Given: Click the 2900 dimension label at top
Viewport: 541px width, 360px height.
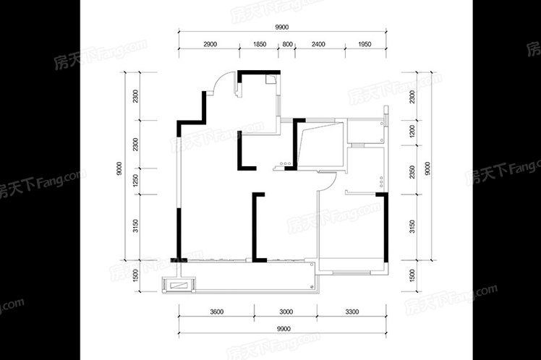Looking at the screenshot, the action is [210, 44].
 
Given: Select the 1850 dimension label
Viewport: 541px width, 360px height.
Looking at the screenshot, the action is [260, 44].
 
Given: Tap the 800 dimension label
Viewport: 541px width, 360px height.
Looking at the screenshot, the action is [287, 44].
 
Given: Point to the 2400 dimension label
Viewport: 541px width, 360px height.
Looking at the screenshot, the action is [318, 44].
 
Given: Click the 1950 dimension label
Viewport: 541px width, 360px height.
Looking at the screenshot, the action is [365, 44].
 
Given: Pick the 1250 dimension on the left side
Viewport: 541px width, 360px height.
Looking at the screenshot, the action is [135, 181].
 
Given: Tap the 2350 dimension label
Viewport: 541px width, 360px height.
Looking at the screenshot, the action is [412, 172].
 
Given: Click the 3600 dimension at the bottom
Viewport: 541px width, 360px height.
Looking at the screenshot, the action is [217, 312].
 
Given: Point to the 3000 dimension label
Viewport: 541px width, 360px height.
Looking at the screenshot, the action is [286, 312].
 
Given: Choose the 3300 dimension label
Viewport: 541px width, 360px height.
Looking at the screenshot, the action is [352, 312].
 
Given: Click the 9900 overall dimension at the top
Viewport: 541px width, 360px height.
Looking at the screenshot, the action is [282, 27].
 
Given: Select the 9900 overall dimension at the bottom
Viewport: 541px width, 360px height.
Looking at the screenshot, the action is [284, 329].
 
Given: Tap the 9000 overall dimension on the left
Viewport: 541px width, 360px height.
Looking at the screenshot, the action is [119, 168].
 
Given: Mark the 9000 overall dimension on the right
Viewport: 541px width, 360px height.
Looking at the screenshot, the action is [428, 168].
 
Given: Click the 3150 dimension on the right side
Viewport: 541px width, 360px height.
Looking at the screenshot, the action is [412, 226].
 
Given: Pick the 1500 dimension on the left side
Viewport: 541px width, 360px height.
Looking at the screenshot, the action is [135, 275].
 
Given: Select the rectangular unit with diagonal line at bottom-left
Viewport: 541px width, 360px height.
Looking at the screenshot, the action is [179, 286].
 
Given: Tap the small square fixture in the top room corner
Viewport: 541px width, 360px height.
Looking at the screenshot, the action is [270, 79].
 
